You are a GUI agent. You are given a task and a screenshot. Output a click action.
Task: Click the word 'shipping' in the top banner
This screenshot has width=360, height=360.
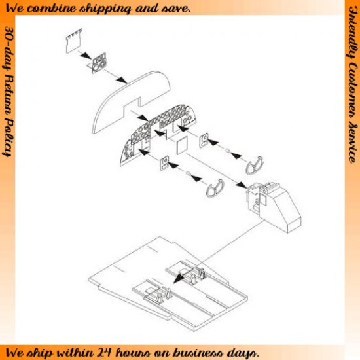pyautogui.click(x=105, y=9)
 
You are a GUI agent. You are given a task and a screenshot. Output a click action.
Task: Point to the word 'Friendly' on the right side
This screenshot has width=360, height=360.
pyautogui.click(x=353, y=32)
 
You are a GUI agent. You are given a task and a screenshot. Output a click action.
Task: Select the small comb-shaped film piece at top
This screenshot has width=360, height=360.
pyautogui.click(x=74, y=41)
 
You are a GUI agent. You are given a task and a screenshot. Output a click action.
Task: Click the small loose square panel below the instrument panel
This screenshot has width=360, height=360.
pyautogui.click(x=182, y=146)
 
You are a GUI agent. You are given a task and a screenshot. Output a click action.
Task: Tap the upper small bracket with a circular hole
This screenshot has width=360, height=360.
pyautogui.click(x=204, y=140)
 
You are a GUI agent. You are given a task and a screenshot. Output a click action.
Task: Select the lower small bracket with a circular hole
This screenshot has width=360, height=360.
pyautogui.click(x=164, y=163)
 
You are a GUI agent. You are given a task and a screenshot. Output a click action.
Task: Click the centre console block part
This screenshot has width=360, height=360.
pyautogui.click(x=273, y=207)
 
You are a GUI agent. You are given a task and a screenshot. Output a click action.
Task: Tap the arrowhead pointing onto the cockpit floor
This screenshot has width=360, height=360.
pyautogui.click(x=179, y=278)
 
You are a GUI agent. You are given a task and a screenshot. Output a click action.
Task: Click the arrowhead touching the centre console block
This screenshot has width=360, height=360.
pyautogui.click(x=242, y=185)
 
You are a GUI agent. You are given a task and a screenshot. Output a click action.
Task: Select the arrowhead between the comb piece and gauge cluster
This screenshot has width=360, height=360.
pyautogui.click(x=87, y=56)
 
